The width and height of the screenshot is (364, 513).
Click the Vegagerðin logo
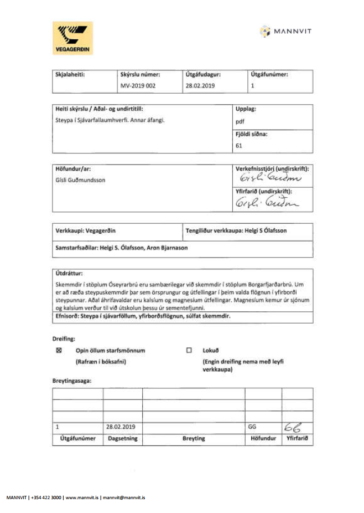(x=72, y=38)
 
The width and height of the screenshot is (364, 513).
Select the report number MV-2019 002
(x=138, y=86)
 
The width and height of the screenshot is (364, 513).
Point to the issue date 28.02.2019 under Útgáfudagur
(x=200, y=86)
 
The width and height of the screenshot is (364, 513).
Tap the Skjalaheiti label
(x=70, y=74)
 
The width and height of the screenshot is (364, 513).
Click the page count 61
(x=240, y=146)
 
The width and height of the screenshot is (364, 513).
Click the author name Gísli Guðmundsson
(x=82, y=181)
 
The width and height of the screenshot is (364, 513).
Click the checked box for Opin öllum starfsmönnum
(x=59, y=350)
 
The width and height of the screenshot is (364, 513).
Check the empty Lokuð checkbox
(x=189, y=350)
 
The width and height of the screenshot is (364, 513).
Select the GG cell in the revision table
(x=253, y=427)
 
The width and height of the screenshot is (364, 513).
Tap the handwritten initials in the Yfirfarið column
(x=293, y=427)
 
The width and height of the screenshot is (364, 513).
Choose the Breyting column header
(x=193, y=438)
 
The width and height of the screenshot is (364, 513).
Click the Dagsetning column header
(x=122, y=438)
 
